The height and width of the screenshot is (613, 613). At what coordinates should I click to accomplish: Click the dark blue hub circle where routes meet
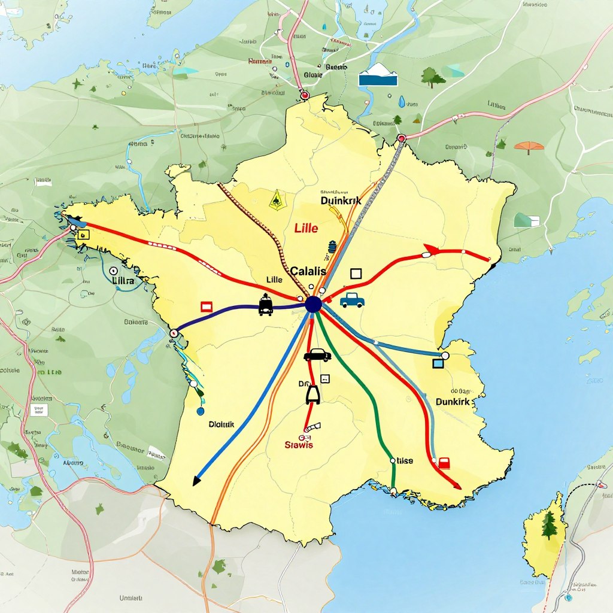click(x=313, y=305)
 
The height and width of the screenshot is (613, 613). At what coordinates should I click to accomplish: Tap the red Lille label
click(x=306, y=228)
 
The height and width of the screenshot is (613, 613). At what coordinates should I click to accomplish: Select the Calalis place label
click(x=308, y=271)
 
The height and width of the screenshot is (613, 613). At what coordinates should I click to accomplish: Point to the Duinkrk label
click(x=341, y=201)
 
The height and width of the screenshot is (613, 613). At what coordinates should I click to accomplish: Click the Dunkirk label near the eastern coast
click(x=453, y=402)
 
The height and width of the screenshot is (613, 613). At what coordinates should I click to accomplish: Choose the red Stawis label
click(x=299, y=444)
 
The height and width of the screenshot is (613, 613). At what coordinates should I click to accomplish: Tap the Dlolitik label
click(x=221, y=424)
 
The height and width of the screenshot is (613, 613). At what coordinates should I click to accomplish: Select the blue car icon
click(x=352, y=299)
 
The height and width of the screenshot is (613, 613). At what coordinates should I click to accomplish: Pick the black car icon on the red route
click(x=317, y=355)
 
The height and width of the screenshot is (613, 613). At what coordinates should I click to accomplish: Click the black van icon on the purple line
click(x=266, y=306)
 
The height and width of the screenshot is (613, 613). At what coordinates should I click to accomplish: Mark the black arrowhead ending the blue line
click(x=196, y=481)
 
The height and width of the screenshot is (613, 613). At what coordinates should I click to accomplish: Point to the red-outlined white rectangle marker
click(x=207, y=306)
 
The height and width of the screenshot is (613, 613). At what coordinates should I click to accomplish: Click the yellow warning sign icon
click(x=276, y=199)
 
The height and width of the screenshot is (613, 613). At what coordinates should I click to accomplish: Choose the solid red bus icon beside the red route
click(x=444, y=463)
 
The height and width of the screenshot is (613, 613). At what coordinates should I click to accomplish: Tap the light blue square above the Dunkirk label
click(x=438, y=362)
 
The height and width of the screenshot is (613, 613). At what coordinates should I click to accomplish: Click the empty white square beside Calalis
click(x=356, y=274)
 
